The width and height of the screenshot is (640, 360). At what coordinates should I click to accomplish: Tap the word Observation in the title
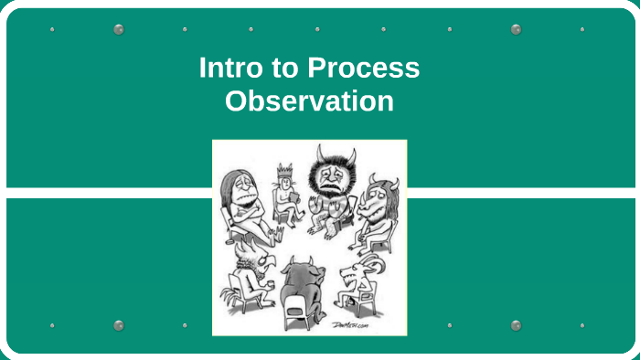(309, 101)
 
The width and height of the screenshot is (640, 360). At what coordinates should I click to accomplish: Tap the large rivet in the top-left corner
(118, 29)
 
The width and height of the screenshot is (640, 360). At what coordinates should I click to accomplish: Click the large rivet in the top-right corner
(516, 29)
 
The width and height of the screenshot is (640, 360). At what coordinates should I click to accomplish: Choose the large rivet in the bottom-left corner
(118, 325)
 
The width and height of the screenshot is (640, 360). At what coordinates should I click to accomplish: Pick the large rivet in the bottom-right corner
(516, 325)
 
